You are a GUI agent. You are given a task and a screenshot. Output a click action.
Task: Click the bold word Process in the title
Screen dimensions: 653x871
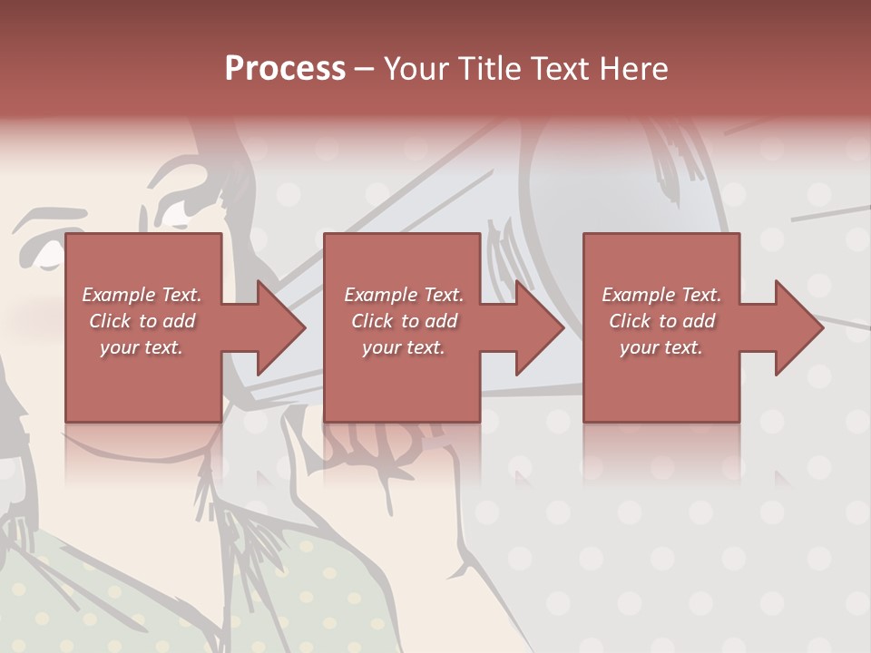coord(285,69)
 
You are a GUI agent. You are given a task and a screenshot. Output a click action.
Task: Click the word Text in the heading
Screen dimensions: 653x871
coord(561,69)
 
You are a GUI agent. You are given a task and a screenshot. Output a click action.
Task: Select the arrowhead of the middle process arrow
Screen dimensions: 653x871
coord(539,327)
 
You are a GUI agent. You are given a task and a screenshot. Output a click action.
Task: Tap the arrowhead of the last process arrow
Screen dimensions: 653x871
coord(798,327)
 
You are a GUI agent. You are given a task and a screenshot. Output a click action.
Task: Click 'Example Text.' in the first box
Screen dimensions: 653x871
coord(142,295)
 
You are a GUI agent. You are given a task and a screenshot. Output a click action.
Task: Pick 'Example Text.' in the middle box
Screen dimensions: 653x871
coord(404,295)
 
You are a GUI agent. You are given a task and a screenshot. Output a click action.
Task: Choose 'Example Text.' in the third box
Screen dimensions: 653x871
coord(661,295)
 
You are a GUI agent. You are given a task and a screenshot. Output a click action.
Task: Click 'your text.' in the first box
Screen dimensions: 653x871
coord(142,347)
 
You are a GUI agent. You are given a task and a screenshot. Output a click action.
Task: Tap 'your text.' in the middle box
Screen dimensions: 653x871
coord(404,347)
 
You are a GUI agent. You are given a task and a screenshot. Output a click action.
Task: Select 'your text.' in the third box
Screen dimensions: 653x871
coord(661,347)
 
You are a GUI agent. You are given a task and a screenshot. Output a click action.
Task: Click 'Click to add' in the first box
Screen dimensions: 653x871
coord(142,321)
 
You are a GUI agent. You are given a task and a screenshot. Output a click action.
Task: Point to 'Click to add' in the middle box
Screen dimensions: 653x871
coord(404,321)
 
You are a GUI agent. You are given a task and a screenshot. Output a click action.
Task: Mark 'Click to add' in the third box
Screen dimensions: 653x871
coord(661,321)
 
